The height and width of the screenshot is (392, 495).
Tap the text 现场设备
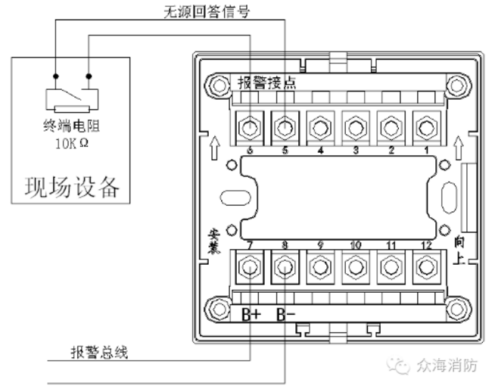tap(72, 186)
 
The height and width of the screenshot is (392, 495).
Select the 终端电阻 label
tap(72, 126)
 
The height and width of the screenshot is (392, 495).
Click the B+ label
tap(251, 314)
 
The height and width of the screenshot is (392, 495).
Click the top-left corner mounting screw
tap(219, 86)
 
